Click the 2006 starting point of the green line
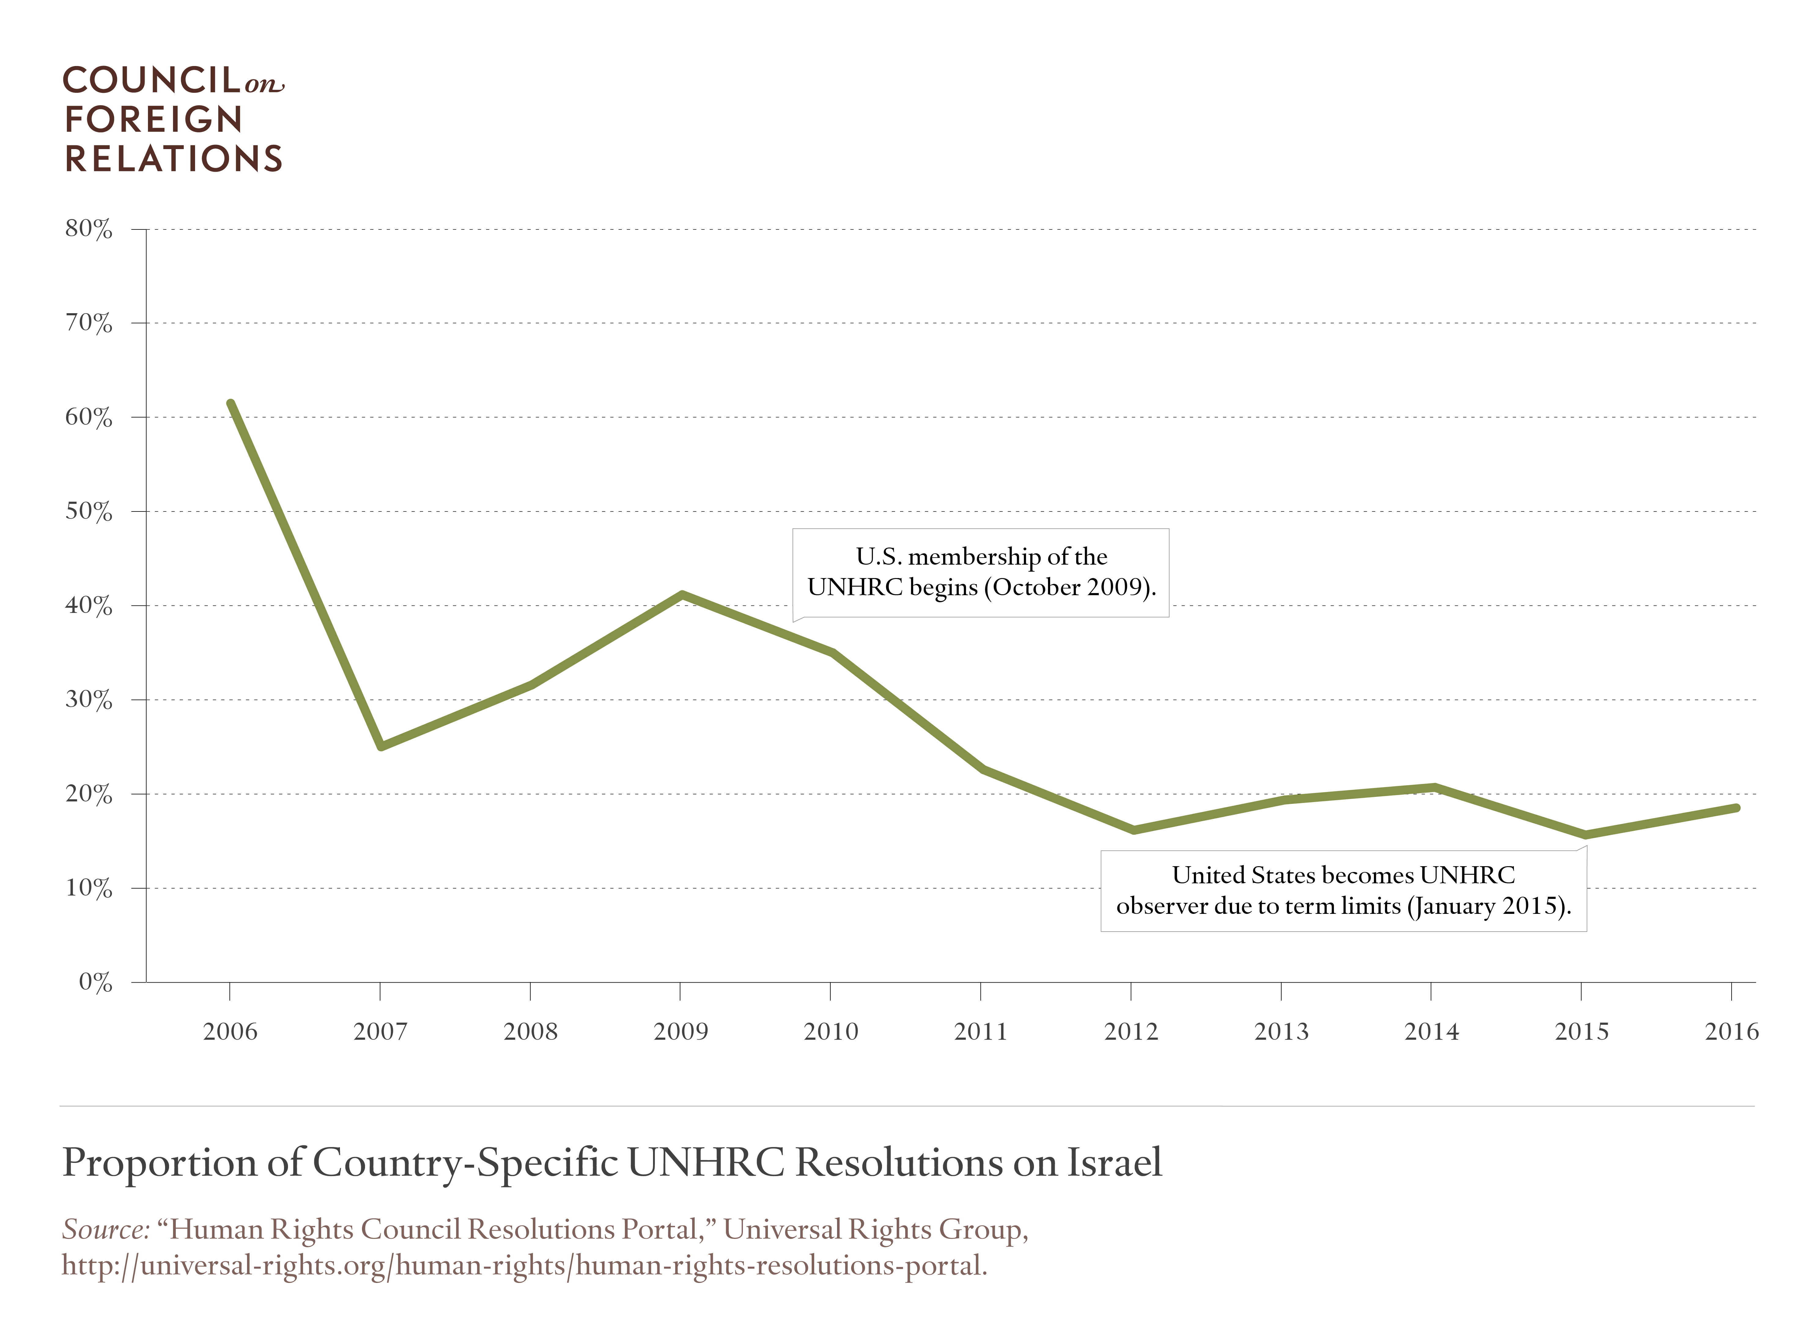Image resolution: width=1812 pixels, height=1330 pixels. [231, 403]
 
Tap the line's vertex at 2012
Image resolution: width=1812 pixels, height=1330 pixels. [1133, 830]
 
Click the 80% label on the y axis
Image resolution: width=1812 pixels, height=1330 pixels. [89, 229]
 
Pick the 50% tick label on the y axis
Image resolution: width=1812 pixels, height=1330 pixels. [89, 512]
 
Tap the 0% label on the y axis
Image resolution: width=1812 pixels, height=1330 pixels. [95, 982]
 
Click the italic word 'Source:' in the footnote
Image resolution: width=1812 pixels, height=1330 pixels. [105, 1229]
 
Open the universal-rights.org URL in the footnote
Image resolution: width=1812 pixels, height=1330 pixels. [523, 1266]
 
